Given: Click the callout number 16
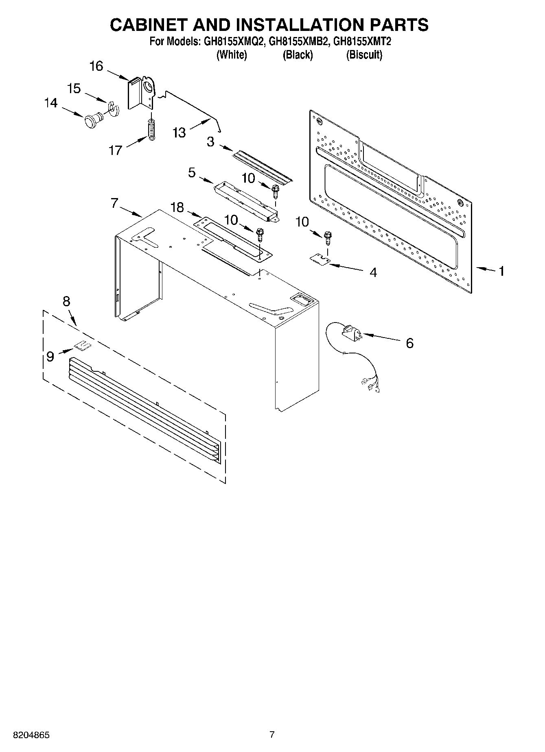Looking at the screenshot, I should (96, 66).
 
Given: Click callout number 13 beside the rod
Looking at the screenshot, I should (179, 132).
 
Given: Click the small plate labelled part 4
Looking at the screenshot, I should (320, 259).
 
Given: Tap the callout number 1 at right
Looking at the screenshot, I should (502, 270).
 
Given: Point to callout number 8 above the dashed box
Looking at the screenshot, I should (66, 301).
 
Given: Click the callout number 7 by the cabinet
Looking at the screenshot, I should (114, 203).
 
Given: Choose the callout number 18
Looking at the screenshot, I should (177, 207).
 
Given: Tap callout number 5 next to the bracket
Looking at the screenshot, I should (192, 172).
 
